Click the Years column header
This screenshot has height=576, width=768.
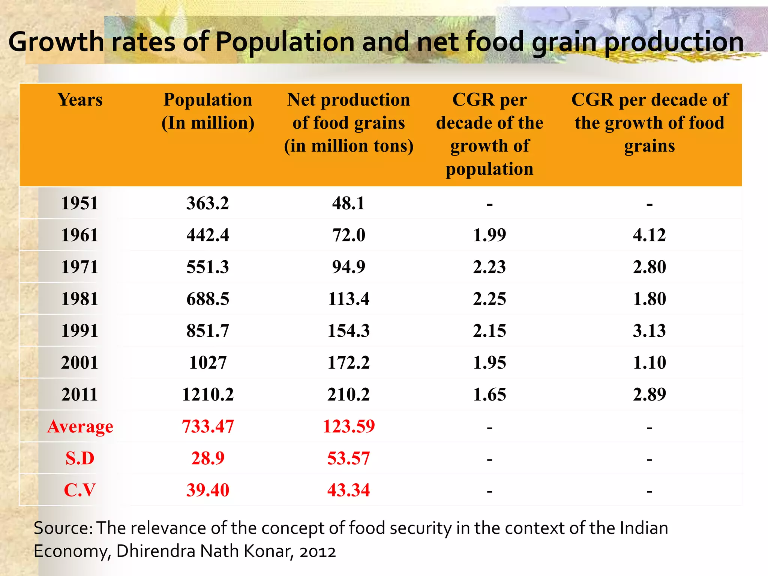coord(80,100)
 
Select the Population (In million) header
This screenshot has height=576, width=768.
coord(208,111)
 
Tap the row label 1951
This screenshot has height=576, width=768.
coord(79,203)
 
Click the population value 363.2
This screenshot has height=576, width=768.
coord(207,203)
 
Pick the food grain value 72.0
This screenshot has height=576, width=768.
coord(348,235)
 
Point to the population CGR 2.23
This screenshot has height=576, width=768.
coord(489,267)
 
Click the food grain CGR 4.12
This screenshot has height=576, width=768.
coord(649,235)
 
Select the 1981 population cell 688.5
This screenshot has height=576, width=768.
coord(207,299)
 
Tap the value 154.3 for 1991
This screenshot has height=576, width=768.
coord(348,331)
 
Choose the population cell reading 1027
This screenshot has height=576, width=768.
coord(207,363)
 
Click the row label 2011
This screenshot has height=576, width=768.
coord(79,394)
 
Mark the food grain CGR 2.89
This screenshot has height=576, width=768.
coord(649,394)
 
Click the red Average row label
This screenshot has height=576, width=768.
coord(80,427)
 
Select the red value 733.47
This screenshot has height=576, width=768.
coord(207,426)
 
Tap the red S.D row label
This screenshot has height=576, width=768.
coord(80,458)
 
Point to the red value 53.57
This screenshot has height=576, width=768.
coord(348,458)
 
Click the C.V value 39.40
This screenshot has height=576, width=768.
coord(207,490)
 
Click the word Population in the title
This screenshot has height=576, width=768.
coord(285,42)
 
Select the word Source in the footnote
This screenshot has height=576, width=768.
coord(62,528)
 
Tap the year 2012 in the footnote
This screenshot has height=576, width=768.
coord(318,552)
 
